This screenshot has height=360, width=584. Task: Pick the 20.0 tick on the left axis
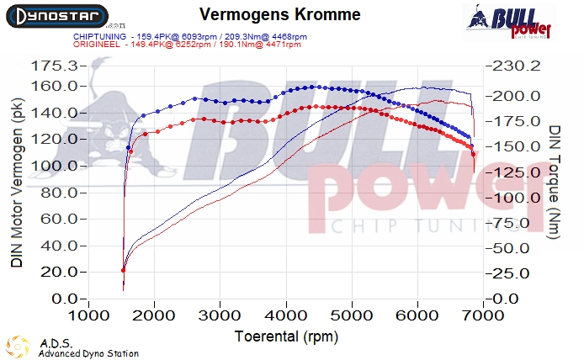[x=57, y=273]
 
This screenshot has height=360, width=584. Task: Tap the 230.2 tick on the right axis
[x=513, y=66]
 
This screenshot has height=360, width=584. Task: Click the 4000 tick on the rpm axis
[x=285, y=315]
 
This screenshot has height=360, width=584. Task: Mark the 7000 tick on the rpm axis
[x=482, y=315]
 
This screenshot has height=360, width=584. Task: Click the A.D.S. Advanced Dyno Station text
[x=88, y=348]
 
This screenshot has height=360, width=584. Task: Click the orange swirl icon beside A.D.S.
[x=19, y=347]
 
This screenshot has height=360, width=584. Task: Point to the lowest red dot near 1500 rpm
[x=124, y=270]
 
